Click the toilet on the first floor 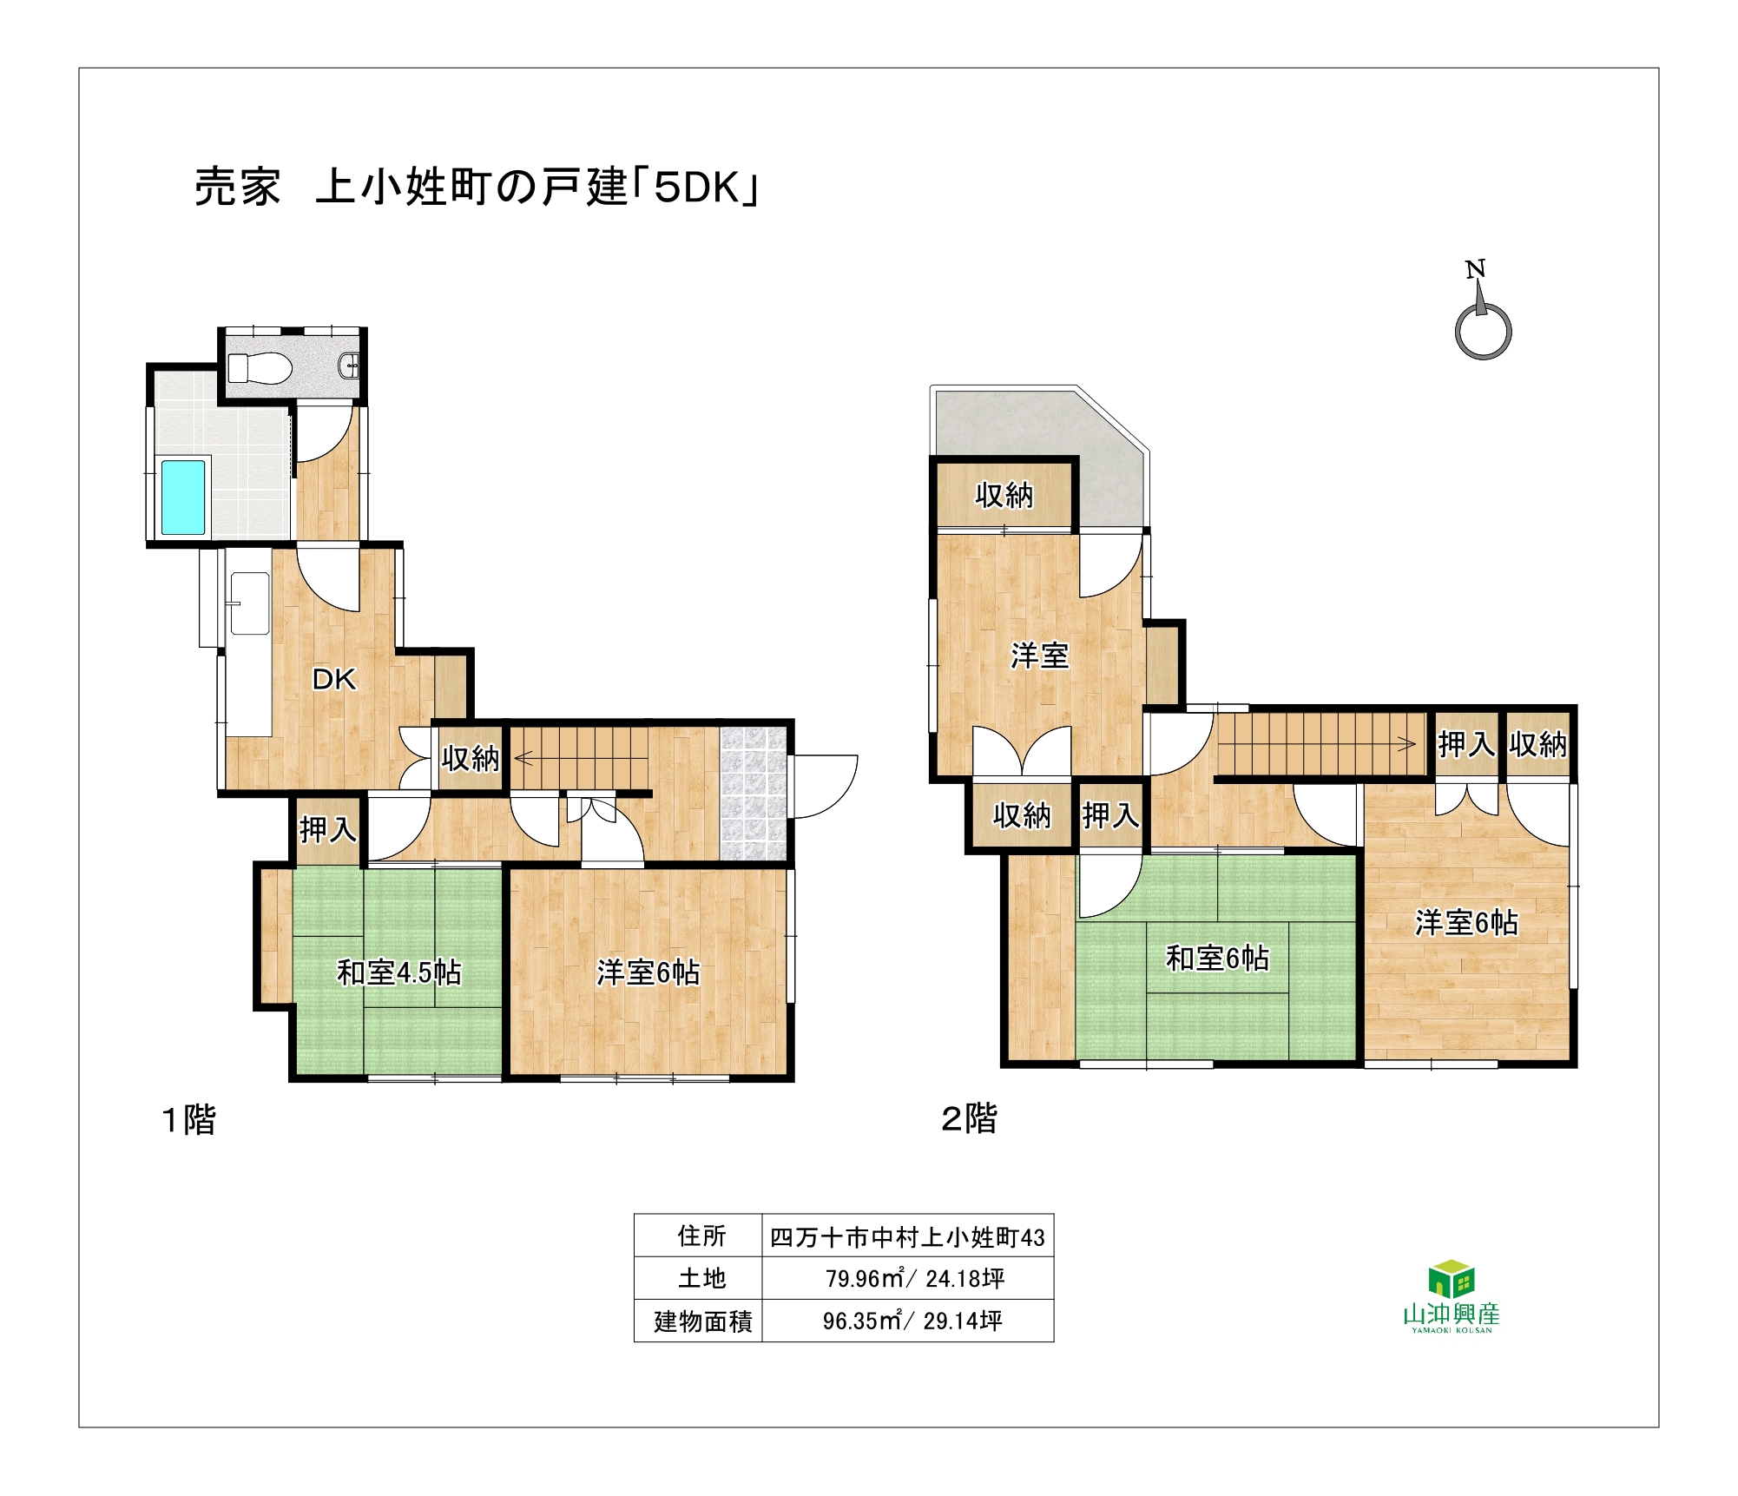[259, 367]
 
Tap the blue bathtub [183, 498]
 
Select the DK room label [334, 679]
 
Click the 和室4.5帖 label [398, 972]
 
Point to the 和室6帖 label [1217, 958]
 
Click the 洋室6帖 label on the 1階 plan [648, 972]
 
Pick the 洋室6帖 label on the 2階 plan [1466, 922]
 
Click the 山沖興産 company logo [1452, 1296]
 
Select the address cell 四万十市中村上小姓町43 [907, 1237]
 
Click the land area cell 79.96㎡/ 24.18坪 [915, 1278]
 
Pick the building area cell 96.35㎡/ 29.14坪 [912, 1321]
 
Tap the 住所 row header [701, 1236]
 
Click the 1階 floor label [188, 1119]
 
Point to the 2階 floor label [969, 1118]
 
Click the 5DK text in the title [696, 187]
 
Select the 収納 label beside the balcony [1004, 495]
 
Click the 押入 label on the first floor [327, 829]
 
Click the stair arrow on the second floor [1317, 743]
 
